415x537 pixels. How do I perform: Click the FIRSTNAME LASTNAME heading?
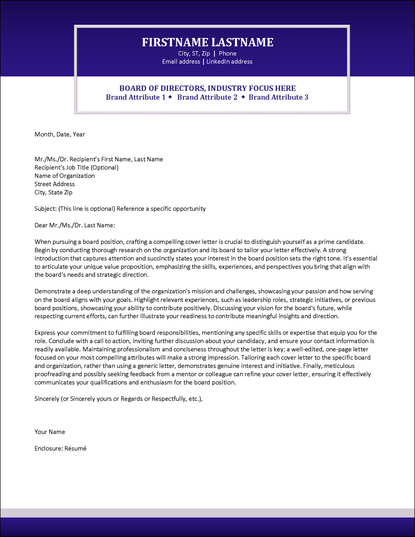click(207, 42)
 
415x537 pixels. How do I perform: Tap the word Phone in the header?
click(228, 54)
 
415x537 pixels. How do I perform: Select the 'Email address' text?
click(181, 62)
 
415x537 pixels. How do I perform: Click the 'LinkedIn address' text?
click(229, 62)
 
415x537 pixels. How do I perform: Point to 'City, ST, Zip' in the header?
click(194, 54)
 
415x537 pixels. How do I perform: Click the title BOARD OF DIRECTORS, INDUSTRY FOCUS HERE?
click(207, 88)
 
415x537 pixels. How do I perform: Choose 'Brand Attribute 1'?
click(136, 97)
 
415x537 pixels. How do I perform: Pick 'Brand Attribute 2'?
click(207, 97)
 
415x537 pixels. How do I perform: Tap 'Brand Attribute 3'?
click(278, 97)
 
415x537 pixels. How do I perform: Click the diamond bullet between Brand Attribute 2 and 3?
click(243, 97)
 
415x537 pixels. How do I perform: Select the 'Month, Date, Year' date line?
click(59, 134)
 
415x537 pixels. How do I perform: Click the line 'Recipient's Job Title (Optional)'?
click(76, 167)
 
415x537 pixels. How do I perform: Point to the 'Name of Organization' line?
click(65, 176)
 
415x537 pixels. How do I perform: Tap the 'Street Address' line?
click(55, 184)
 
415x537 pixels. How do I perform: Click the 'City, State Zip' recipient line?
click(53, 192)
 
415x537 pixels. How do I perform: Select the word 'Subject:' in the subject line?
click(46, 209)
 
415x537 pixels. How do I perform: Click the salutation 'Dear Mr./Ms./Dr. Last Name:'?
click(75, 225)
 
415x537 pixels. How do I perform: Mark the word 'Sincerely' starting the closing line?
click(47, 399)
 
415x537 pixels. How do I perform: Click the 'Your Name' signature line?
click(50, 432)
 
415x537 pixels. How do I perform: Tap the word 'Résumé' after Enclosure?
click(75, 448)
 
